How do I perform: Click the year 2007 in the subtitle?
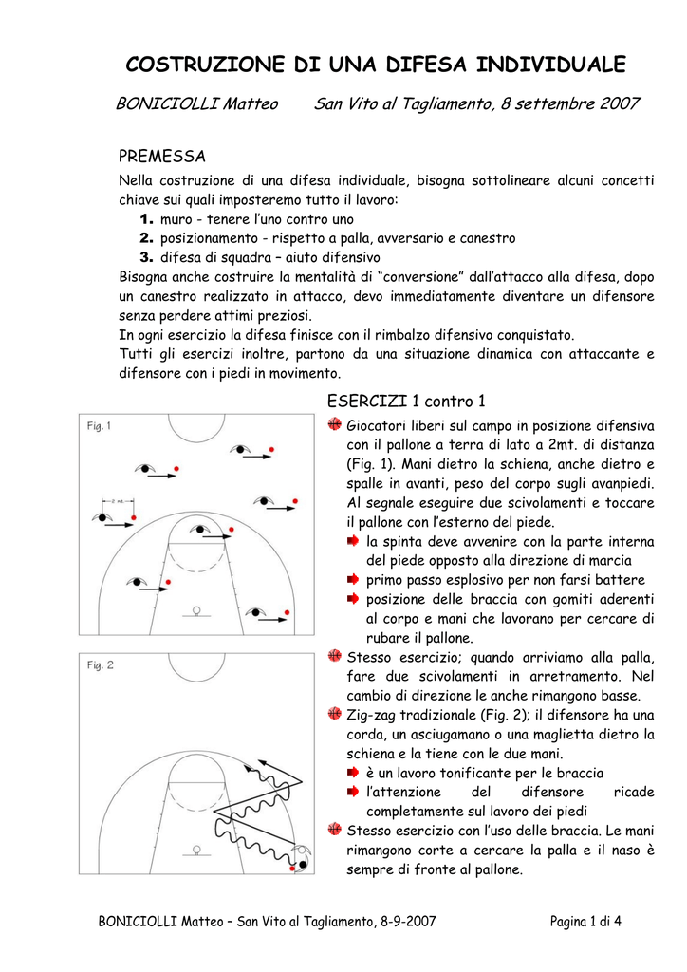pyautogui.click(x=619, y=103)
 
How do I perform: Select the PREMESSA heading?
pyautogui.click(x=162, y=156)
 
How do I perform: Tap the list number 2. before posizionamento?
pyautogui.click(x=146, y=238)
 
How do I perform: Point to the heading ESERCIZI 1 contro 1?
pyautogui.click(x=406, y=402)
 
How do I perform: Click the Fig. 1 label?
pyautogui.click(x=99, y=426)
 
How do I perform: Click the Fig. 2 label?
pyautogui.click(x=100, y=665)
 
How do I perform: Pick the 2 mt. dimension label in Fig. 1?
pyautogui.click(x=118, y=500)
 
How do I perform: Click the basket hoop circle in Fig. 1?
pyautogui.click(x=196, y=610)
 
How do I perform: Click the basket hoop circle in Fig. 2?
pyautogui.click(x=196, y=850)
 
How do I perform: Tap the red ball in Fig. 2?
pyautogui.click(x=292, y=869)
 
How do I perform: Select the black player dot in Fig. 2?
pyautogui.click(x=303, y=864)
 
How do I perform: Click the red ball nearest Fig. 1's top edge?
pyautogui.click(x=271, y=449)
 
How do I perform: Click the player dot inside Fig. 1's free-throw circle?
pyautogui.click(x=200, y=530)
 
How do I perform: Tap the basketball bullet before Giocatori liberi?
pyautogui.click(x=335, y=424)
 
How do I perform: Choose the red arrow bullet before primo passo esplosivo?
pyautogui.click(x=353, y=580)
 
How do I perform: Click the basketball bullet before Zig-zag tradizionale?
pyautogui.click(x=335, y=714)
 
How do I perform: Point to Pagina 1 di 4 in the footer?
pyautogui.click(x=585, y=922)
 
